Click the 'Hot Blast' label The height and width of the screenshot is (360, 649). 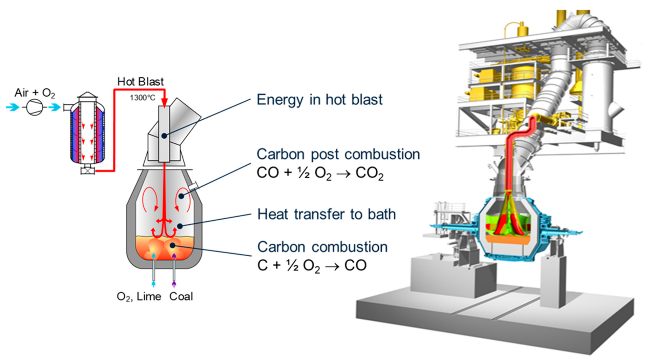click(140, 82)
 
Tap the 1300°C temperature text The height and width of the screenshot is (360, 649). click(142, 98)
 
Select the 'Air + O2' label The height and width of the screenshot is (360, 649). click(35, 93)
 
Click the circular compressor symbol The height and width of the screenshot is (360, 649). click(35, 107)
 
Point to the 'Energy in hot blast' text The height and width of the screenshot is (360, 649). click(319, 100)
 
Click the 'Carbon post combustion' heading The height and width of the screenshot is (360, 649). click(338, 154)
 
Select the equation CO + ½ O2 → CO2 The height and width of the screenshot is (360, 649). click(320, 173)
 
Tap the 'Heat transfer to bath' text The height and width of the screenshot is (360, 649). click(327, 214)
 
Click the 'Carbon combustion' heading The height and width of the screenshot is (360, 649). click(322, 247)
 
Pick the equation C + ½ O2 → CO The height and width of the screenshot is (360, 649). click(312, 265)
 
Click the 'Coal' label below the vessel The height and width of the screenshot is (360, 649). click(181, 297)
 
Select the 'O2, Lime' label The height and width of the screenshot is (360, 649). click(139, 297)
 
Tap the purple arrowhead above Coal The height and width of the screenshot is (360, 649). click(174, 283)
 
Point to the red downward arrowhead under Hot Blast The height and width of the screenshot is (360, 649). click(165, 102)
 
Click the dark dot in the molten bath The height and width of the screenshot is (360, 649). click(172, 245)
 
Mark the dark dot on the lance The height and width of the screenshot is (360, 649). click(164, 136)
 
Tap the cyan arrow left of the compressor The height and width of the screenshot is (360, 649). click(13, 107)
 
